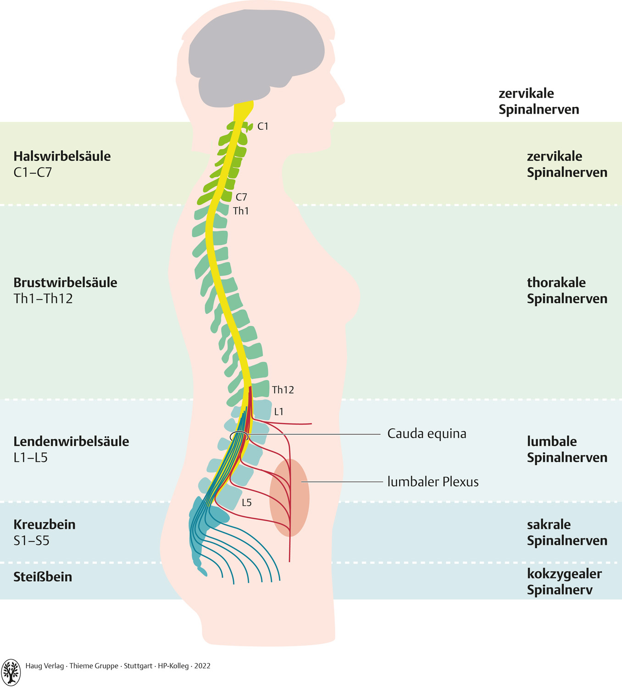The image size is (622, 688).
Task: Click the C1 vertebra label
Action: [x=263, y=126]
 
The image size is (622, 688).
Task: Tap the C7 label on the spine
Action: [x=241, y=197]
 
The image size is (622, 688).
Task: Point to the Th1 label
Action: [x=241, y=211]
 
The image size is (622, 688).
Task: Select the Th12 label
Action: [x=283, y=390]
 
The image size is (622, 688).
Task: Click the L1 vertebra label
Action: [x=279, y=412]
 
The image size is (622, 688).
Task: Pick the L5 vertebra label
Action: [x=247, y=503]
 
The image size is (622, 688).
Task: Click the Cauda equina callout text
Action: [x=427, y=433]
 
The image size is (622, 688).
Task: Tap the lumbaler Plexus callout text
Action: [x=433, y=482]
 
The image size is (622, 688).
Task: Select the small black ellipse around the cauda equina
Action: [x=239, y=436]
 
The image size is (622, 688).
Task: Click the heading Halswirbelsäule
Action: [x=62, y=156]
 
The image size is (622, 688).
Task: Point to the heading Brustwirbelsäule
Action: [x=65, y=282]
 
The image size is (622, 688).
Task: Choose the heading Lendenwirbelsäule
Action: [x=71, y=441]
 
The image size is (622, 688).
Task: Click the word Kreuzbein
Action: [x=44, y=524]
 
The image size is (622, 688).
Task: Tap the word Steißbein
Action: [x=43, y=577]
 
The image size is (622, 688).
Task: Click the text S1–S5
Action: [x=31, y=540]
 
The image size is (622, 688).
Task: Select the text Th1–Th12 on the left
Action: [x=43, y=299]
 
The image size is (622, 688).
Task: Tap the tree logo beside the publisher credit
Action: [x=11, y=672]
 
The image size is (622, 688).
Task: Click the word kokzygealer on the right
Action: [x=564, y=574]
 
